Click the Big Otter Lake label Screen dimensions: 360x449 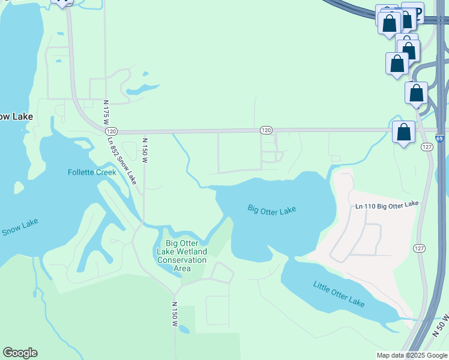coord(272,209)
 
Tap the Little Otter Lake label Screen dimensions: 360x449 coord(339,293)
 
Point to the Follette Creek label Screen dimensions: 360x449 coord(91,172)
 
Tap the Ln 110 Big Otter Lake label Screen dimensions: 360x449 coord(387,205)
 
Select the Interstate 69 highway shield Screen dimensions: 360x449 coord(440,137)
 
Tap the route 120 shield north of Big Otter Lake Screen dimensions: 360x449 coord(267,130)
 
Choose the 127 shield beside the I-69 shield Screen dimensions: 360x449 coord(427,148)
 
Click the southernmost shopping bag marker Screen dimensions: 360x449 coord(404,131)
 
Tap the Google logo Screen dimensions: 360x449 coord(20,353)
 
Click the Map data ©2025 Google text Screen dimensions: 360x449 coord(412,355)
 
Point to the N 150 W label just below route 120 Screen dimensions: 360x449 coord(144,151)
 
